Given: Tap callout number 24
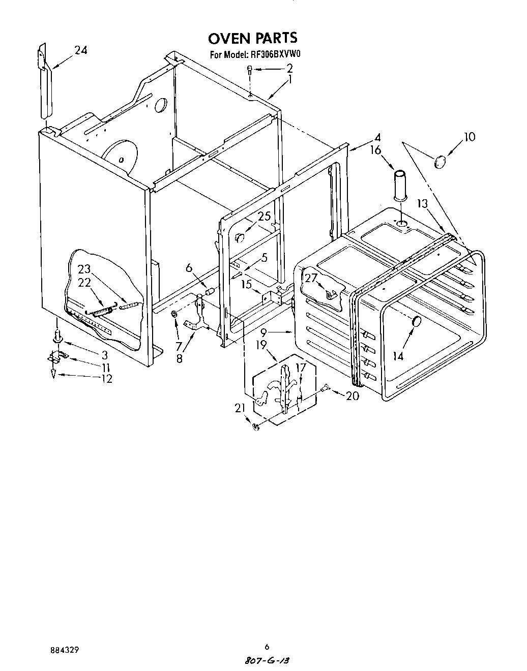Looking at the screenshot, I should pos(81,50).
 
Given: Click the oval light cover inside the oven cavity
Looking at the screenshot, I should pos(416,321).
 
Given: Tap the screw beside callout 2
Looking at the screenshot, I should pos(250,70).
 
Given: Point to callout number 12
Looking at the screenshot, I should pos(106,378).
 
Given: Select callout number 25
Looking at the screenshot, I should pos(263,217).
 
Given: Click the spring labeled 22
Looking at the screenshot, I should pos(103,312).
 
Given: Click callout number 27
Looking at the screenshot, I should pos(311,278).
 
